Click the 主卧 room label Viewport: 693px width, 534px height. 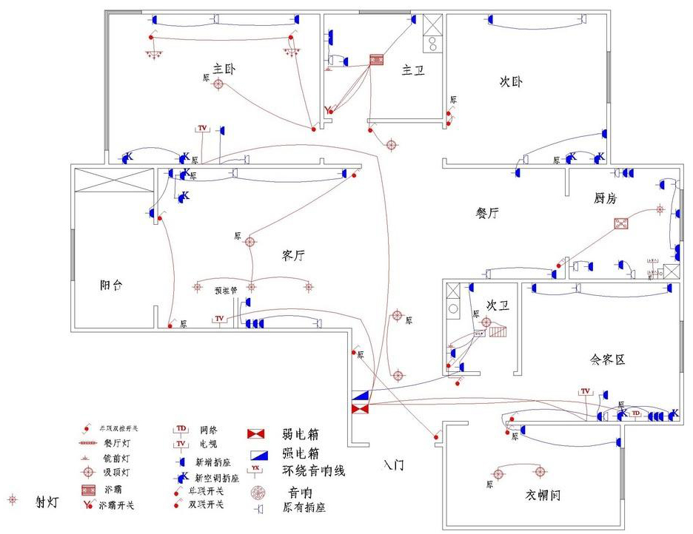click(224, 69)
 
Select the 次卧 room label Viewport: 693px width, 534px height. click(511, 81)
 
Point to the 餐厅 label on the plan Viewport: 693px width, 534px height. click(486, 213)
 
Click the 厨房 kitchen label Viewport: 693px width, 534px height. click(605, 198)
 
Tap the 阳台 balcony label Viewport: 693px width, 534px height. click(112, 285)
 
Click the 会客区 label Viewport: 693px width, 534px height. click(607, 359)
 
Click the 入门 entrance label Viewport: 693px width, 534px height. click(394, 465)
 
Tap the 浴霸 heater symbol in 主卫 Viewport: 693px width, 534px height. click(378, 61)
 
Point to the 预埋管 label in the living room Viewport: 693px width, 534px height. click(225, 291)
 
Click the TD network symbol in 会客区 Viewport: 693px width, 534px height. click(635, 413)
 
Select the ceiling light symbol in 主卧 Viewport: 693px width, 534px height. click(218, 84)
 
